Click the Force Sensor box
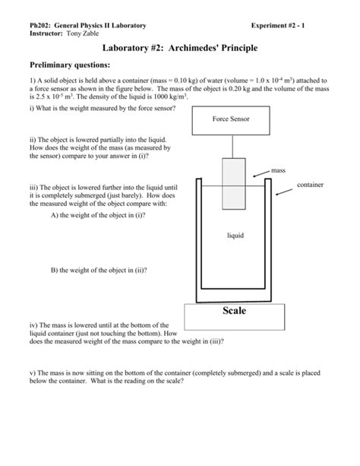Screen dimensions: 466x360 point(232,119)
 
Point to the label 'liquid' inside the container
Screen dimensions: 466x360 point(235,236)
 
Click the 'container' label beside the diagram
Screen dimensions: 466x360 point(311,185)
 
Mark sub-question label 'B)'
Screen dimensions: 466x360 point(54,270)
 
